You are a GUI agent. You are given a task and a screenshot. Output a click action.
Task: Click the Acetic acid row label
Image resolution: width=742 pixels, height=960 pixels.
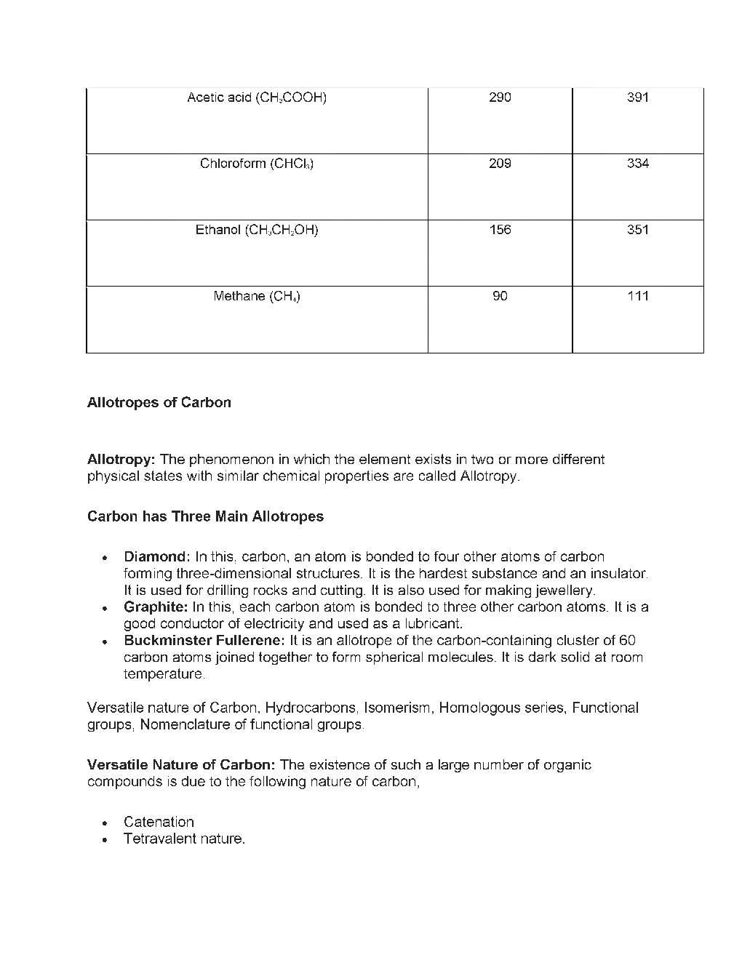point(256,97)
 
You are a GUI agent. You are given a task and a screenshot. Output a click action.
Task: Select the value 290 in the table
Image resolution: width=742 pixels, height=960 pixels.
point(500,97)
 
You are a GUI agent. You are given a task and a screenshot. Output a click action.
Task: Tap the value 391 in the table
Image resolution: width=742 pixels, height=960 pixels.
point(637,97)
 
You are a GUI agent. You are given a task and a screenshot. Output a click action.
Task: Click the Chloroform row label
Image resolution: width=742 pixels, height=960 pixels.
point(256,164)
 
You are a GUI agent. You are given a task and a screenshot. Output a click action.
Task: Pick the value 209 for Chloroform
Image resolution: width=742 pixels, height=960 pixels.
point(500,164)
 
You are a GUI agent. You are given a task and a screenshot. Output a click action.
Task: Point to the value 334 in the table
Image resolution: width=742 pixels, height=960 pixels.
point(637,164)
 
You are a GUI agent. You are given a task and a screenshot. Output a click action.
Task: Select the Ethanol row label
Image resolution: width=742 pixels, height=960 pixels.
point(256,231)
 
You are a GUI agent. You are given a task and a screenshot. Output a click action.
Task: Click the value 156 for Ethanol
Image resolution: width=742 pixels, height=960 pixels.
point(500,231)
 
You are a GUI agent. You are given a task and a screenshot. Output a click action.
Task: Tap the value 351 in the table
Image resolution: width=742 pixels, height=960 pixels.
point(637,231)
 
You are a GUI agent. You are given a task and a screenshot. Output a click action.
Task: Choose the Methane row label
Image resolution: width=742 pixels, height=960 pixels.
point(256,297)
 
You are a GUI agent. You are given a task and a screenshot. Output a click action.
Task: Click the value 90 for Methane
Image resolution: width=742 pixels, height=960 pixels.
point(500,297)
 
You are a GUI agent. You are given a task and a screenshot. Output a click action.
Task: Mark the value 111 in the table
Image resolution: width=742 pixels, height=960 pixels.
point(637,297)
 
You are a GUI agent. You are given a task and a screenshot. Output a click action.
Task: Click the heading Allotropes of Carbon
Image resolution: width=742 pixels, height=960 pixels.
point(159,403)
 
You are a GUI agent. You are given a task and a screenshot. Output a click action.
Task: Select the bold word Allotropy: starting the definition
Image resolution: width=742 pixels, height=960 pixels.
point(121,460)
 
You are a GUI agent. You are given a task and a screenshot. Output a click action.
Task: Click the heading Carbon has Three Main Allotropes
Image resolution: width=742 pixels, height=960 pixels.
point(205,517)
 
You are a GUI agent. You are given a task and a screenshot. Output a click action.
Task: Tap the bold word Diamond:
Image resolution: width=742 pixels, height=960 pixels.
point(157,557)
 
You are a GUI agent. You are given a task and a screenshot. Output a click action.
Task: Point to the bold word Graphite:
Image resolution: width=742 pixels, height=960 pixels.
point(156,607)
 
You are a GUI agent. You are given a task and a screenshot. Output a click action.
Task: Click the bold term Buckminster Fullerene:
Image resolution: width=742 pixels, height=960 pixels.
point(204,641)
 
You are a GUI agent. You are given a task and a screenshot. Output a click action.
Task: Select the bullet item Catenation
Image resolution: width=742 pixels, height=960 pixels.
point(159,823)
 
